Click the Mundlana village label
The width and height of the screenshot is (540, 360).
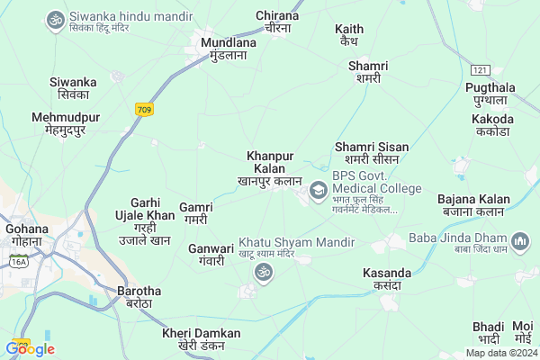(x=223, y=49)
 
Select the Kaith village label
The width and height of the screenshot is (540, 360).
(x=348, y=35)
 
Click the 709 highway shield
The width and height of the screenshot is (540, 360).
(x=144, y=109)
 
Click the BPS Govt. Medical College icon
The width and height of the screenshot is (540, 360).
(x=318, y=190)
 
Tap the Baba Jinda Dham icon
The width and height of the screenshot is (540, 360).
(x=520, y=242)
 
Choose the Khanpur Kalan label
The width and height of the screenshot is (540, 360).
(x=270, y=168)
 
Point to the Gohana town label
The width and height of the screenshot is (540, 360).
(x=26, y=234)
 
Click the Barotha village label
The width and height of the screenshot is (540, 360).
(x=139, y=296)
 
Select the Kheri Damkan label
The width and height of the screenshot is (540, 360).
(x=202, y=339)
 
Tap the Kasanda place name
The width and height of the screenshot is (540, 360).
(x=386, y=278)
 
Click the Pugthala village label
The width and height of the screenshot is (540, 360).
(x=490, y=93)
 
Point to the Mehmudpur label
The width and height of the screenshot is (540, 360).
(x=66, y=123)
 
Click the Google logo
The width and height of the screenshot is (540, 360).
(x=30, y=349)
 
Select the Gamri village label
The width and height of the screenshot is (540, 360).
(x=195, y=212)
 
